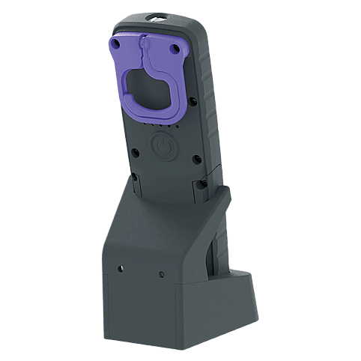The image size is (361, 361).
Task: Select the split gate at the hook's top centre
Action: point(146,53)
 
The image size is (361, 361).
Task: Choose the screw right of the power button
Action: point(194,159)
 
